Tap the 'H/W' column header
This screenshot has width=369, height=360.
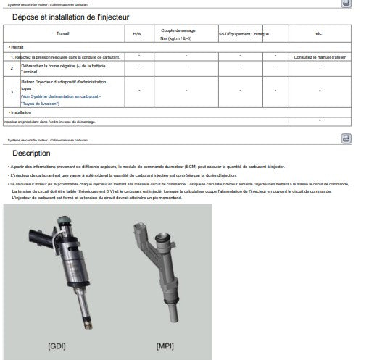[138, 34]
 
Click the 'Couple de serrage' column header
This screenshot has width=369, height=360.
[186, 34]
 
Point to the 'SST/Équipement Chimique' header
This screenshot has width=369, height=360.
[244, 34]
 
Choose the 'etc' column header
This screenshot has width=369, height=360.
[319, 34]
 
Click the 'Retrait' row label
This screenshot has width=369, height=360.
[17, 46]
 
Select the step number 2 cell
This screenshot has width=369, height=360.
[12, 68]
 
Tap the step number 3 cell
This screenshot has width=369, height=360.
[12, 93]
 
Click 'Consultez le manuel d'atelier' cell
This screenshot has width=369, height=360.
[319, 56]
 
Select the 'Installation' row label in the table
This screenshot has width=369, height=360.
[20, 112]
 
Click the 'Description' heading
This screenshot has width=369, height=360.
[31, 154]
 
